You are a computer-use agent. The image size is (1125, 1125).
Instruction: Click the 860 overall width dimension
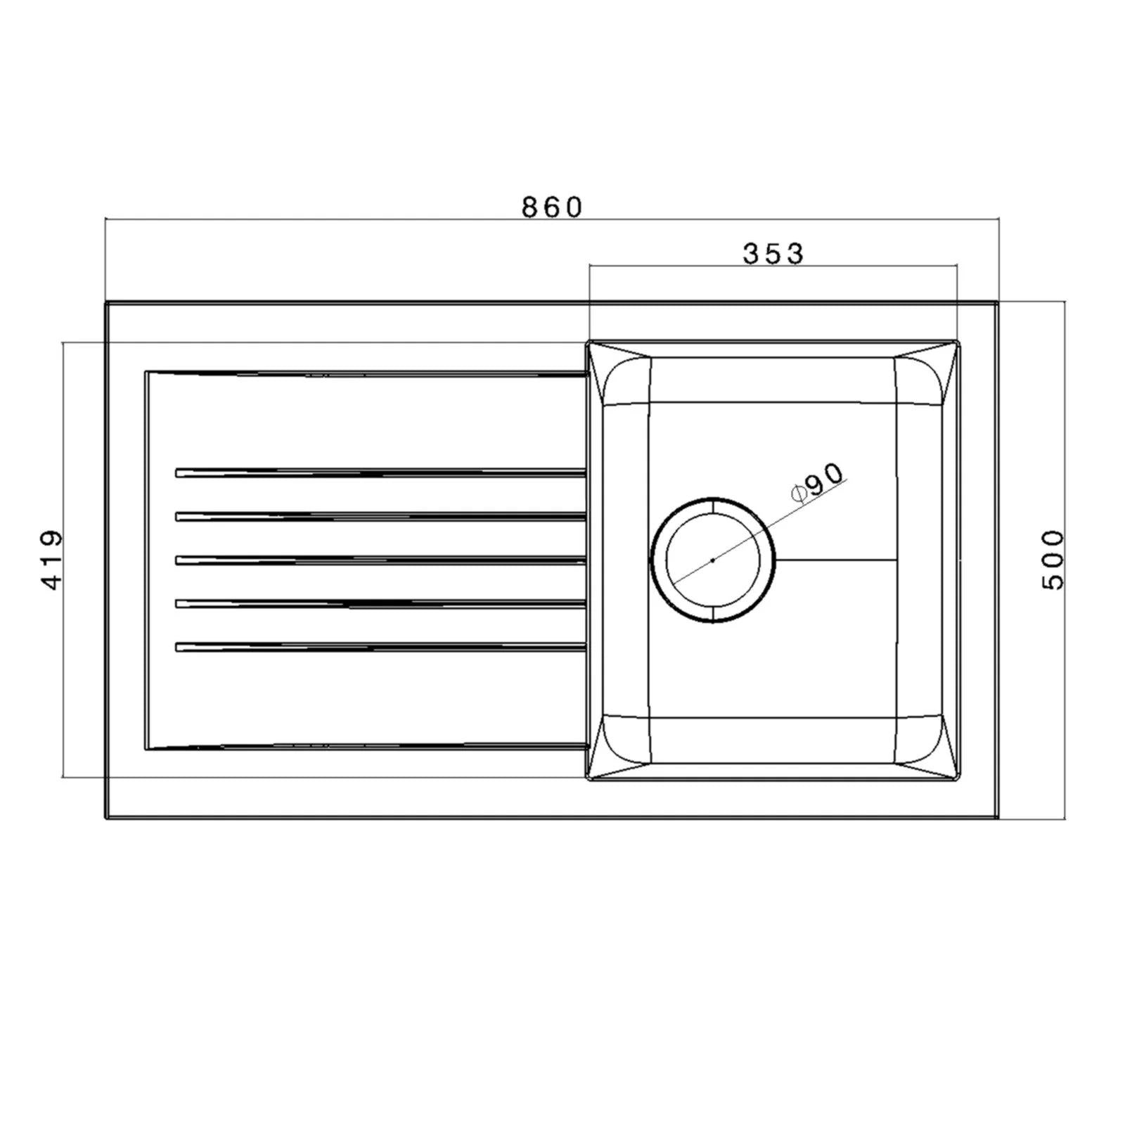pyautogui.click(x=552, y=207)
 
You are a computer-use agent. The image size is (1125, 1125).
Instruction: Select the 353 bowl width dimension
pyautogui.click(x=773, y=254)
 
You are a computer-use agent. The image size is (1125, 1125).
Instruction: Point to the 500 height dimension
pyautogui.click(x=1053, y=560)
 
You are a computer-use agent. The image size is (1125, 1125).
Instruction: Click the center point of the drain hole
pyautogui.click(x=713, y=560)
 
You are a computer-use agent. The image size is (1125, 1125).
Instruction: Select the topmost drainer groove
pyautogui.click(x=380, y=472)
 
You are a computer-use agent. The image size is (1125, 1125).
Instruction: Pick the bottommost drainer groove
pyautogui.click(x=380, y=646)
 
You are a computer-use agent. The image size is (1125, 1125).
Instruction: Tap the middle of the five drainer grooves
pyautogui.click(x=380, y=560)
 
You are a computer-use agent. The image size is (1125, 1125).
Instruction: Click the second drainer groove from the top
pyautogui.click(x=380, y=516)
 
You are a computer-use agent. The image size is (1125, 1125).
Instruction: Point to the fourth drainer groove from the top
pyautogui.click(x=380, y=603)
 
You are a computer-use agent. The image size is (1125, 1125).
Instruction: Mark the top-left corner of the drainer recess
pyautogui.click(x=146, y=372)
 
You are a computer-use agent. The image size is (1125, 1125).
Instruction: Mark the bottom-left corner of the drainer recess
pyautogui.click(x=146, y=748)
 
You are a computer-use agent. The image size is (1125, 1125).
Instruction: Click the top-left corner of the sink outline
pyautogui.click(x=106, y=303)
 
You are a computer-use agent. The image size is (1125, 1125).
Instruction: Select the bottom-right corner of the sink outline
pyautogui.click(x=997, y=818)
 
